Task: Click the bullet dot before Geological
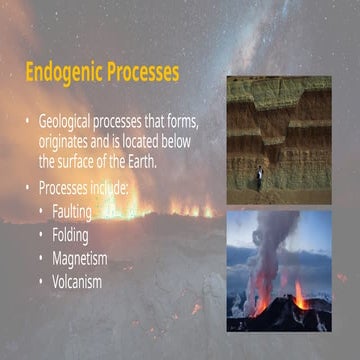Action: pos(28,121)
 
